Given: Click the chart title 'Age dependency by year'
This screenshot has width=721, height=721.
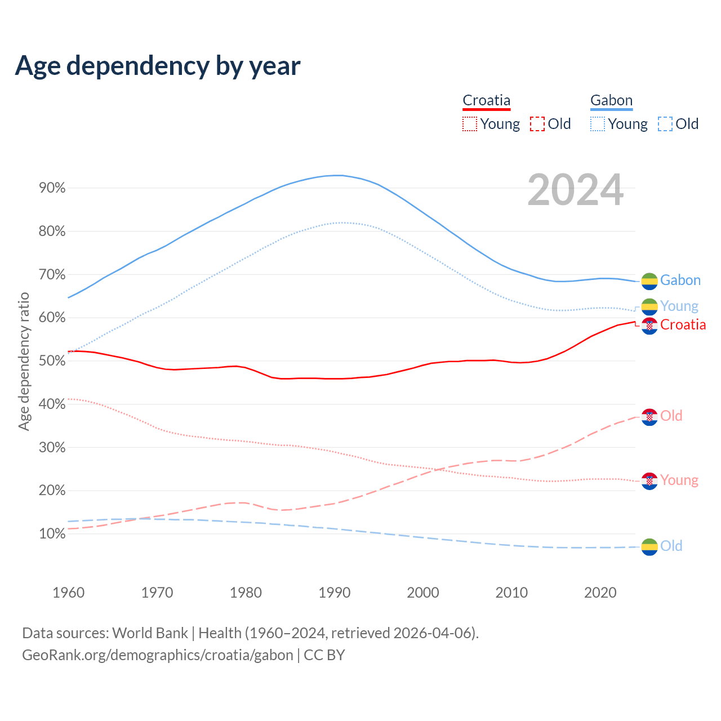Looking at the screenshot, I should [x=158, y=66].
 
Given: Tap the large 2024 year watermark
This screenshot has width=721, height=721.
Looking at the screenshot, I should [x=575, y=190].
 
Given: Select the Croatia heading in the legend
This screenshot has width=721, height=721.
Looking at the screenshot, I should [x=486, y=100].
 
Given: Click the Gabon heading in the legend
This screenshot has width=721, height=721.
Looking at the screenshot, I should [x=611, y=100].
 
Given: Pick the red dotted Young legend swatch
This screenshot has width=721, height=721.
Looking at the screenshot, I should [x=469, y=124].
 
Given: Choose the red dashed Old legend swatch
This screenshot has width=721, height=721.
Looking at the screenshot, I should [x=537, y=124].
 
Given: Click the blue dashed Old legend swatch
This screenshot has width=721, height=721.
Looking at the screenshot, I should [x=665, y=124].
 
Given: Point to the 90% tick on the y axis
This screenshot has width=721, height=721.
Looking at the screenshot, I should [x=52, y=188].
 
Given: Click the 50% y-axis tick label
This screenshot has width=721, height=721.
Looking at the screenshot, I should [x=52, y=361].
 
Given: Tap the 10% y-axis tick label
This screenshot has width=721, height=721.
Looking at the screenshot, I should [x=52, y=534].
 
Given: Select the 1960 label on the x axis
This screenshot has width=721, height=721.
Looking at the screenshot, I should [x=68, y=593].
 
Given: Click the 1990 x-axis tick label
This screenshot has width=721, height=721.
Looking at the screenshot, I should [x=335, y=593].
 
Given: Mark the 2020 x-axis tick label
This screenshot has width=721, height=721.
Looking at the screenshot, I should [x=600, y=593].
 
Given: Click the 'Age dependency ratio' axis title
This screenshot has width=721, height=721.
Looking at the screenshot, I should [x=24, y=361].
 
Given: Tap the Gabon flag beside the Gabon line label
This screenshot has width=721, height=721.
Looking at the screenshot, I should [x=649, y=281].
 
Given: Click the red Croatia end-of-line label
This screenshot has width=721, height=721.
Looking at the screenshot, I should [x=683, y=325].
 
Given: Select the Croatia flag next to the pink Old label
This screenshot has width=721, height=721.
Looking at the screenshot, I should [x=649, y=417].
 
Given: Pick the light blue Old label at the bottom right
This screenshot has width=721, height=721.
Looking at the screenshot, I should [x=671, y=546].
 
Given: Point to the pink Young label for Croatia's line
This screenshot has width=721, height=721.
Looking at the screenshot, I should [x=679, y=480].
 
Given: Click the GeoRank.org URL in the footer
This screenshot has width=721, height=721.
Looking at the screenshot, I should [x=158, y=655].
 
